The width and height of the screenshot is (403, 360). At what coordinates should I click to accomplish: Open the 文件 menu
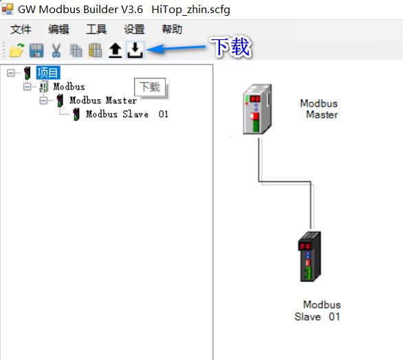[21, 29]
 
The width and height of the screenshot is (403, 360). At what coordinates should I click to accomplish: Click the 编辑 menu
[58, 29]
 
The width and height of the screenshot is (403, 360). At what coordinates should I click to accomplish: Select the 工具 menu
[96, 29]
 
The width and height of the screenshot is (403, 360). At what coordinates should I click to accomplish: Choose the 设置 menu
[134, 29]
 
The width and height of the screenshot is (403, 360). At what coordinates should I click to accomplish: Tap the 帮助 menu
[172, 29]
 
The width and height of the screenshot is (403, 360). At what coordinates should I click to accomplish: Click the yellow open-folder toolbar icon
[17, 50]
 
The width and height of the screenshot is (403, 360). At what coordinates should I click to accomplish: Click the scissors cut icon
[56, 50]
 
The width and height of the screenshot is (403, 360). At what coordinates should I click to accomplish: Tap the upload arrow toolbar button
[115, 50]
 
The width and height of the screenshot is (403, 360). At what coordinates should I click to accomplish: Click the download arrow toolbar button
[135, 50]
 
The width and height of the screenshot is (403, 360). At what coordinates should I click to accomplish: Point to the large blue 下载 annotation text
[230, 47]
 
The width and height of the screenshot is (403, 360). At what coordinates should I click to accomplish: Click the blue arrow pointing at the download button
[176, 48]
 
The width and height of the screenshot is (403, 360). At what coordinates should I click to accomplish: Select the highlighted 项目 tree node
[48, 72]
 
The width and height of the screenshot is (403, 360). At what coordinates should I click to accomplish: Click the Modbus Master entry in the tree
[103, 100]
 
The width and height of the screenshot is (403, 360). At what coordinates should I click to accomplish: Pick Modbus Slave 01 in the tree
[127, 114]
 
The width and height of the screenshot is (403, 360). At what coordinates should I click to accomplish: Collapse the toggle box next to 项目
[11, 73]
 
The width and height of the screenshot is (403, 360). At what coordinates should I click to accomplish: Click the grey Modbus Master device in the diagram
[257, 109]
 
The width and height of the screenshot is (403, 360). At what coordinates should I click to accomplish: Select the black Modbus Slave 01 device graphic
[309, 257]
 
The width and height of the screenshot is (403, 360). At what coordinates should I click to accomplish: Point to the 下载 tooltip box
[150, 87]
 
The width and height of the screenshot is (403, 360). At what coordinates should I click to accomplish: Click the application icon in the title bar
[7, 8]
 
